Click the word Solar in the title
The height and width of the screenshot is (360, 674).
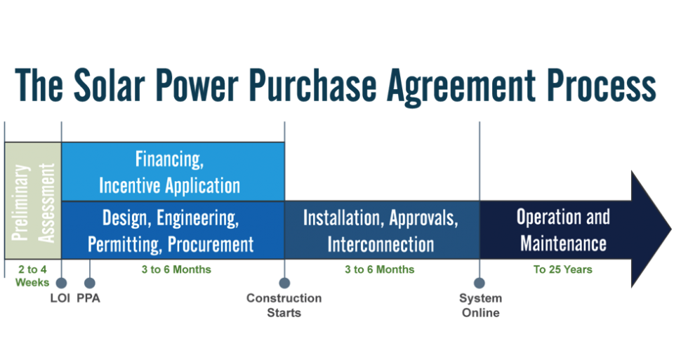[111, 86]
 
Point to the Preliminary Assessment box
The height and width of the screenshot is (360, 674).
[33, 201]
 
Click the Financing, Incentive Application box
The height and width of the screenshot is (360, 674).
[173, 171]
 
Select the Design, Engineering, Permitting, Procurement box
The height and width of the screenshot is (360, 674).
[173, 230]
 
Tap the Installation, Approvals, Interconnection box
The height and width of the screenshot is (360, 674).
[381, 230]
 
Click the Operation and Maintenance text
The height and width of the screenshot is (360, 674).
[562, 229]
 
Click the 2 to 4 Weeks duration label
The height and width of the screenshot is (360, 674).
[32, 275]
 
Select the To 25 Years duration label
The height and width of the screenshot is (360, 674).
[562, 269]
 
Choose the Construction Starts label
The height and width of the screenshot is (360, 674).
[284, 305]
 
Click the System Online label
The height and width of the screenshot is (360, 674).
[480, 305]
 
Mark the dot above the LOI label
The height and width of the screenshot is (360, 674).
[61, 283]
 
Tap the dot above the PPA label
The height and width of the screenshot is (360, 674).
[90, 283]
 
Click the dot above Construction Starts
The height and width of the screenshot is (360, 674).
[284, 283]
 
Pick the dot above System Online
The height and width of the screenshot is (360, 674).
[480, 283]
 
